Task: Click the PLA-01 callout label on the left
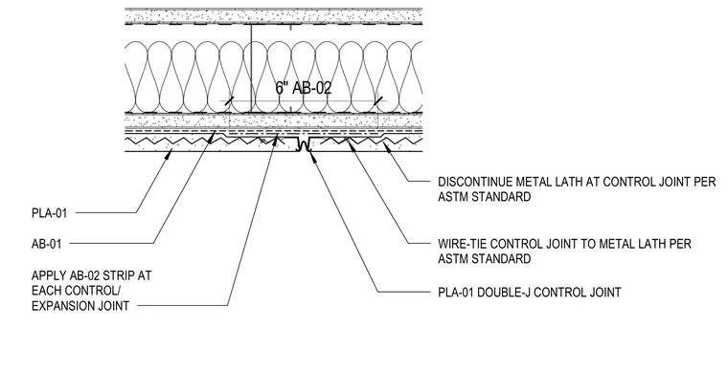pyautogui.click(x=49, y=213)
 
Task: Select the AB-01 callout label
pyautogui.click(x=46, y=244)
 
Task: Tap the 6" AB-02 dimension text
pyautogui.click(x=304, y=88)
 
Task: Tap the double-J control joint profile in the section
pyautogui.click(x=304, y=144)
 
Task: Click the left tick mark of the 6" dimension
pyautogui.click(x=228, y=101)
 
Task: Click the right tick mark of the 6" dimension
pyautogui.click(x=378, y=101)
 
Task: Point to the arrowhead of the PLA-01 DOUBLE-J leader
pyautogui.click(x=312, y=157)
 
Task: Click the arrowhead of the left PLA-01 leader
pyautogui.click(x=170, y=153)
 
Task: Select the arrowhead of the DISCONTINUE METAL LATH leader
pyautogui.click(x=385, y=147)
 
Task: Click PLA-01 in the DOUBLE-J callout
pyautogui.click(x=456, y=293)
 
